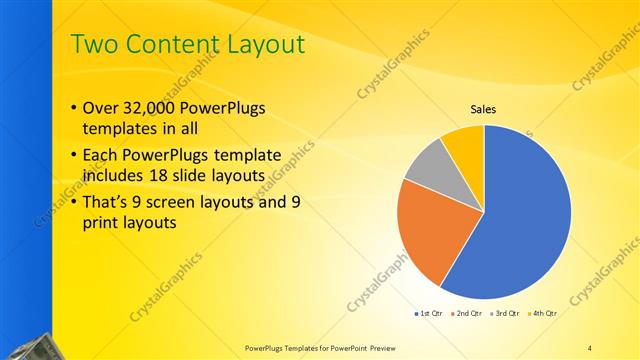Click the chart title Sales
point(484,110)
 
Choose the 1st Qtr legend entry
point(432,314)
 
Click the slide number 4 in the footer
point(590,347)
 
